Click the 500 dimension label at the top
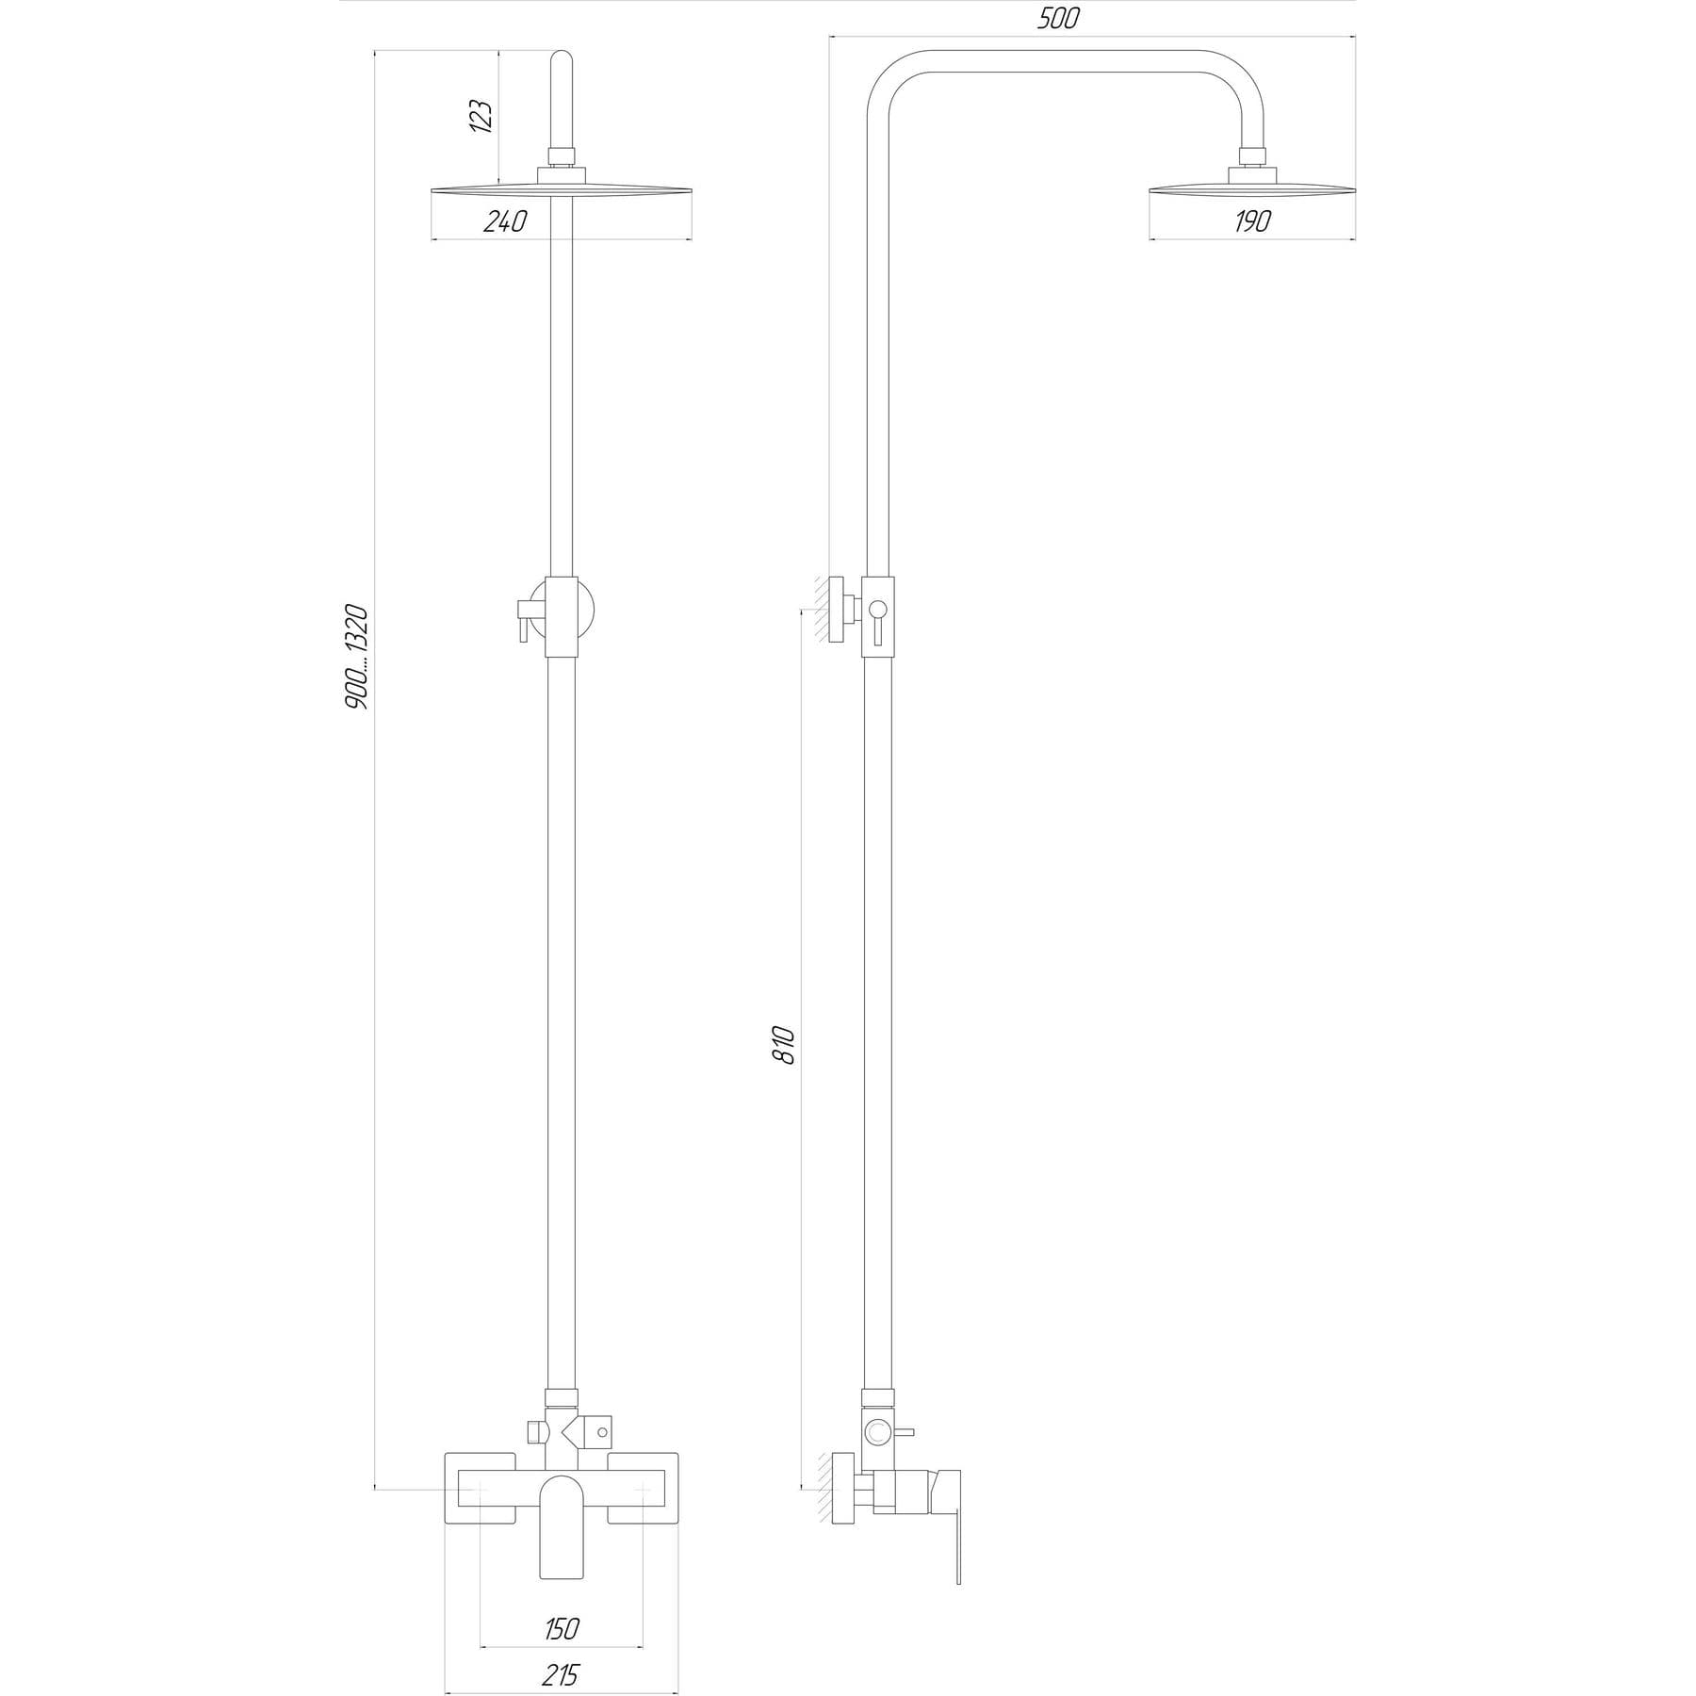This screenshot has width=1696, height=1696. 1057,19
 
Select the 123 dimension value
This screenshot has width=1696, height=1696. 481,116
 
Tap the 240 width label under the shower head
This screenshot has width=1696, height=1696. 505,221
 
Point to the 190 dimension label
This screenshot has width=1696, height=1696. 1251,221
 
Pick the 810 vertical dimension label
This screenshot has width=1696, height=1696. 785,1046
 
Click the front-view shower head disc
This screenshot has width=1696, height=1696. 562,190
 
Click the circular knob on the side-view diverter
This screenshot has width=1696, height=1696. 878,1433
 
